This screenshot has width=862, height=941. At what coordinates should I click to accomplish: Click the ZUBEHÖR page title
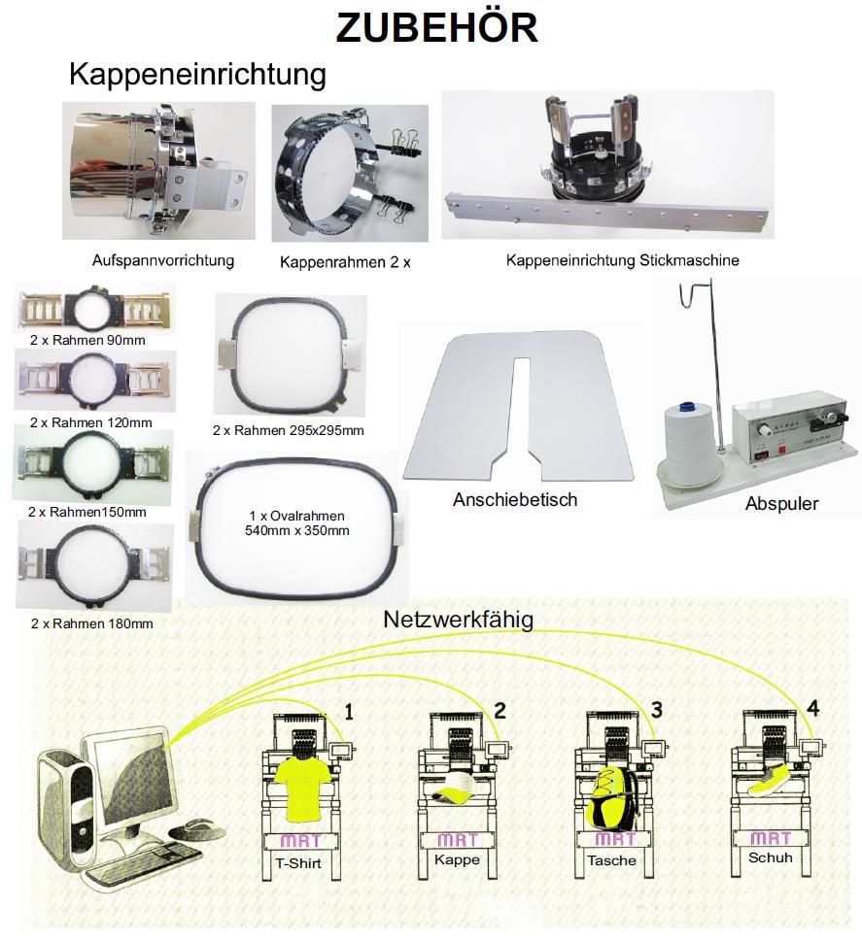[x=436, y=28]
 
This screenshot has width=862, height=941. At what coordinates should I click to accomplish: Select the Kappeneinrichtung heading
[x=197, y=74]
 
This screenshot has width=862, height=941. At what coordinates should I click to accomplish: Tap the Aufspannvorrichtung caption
[x=163, y=261]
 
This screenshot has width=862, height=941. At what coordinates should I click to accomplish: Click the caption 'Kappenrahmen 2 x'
[x=345, y=262]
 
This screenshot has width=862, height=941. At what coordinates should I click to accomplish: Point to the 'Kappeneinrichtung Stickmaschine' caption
[x=623, y=260]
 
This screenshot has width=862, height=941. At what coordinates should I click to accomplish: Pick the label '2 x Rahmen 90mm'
[x=88, y=340]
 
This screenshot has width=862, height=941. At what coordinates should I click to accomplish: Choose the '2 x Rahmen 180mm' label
[x=91, y=623]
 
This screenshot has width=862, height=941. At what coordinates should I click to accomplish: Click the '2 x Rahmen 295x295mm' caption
[x=289, y=430]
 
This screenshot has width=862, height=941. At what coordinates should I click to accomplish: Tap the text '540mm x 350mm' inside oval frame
[x=295, y=531]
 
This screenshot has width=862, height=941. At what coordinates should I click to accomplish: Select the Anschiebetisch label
[x=515, y=500]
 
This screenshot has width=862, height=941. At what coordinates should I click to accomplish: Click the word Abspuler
[x=781, y=504]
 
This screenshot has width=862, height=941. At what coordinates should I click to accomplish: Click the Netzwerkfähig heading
[x=458, y=619]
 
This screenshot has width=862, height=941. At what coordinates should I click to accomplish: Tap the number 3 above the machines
[x=656, y=710]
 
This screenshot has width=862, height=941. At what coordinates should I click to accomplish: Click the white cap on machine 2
[x=454, y=792]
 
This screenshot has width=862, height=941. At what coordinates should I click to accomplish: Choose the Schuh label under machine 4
[x=770, y=857]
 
